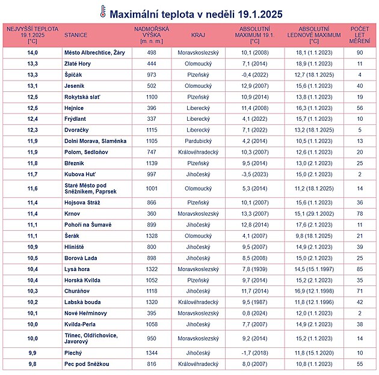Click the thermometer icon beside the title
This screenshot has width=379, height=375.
tap(103, 12)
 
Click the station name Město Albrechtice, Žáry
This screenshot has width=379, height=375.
tap(94, 53)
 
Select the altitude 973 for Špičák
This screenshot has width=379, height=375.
tap(151, 75)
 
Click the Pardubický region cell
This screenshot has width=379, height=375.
tap(198, 141)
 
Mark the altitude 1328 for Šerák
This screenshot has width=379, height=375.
tap(151, 236)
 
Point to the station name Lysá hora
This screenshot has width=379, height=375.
tap(78, 269)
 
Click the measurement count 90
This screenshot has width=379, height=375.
tap(360, 53)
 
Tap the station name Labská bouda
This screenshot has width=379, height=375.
tap(83, 302)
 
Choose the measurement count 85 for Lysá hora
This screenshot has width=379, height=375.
tap(360, 269)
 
